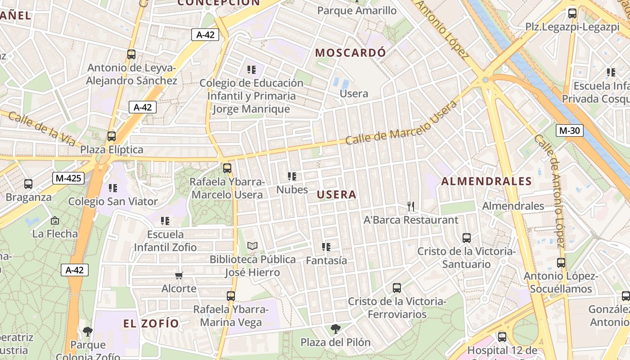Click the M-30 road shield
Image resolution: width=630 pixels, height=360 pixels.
(x=569, y=131)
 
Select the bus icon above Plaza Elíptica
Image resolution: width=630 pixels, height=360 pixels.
(x=111, y=136)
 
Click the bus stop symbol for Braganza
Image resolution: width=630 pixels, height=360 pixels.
(x=28, y=184)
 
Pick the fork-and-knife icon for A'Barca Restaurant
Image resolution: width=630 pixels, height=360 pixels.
(x=410, y=207)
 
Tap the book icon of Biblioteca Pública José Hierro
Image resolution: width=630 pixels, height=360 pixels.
(x=252, y=246)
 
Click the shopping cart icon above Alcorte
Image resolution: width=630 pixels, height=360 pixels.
(x=179, y=275)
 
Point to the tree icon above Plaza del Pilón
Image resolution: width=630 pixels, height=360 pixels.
(x=335, y=329)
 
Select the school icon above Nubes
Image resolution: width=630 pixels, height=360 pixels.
(x=292, y=176)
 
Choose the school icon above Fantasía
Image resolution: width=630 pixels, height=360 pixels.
(x=326, y=247)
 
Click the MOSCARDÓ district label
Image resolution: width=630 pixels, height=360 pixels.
(x=351, y=53)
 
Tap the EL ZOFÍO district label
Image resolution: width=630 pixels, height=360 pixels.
(x=151, y=324)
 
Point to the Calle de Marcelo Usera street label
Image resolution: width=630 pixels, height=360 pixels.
(x=401, y=122)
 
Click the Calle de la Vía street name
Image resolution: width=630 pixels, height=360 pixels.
(x=42, y=129)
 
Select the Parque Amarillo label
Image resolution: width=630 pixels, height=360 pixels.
(x=357, y=10)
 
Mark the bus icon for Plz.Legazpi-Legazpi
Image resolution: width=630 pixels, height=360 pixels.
(x=572, y=13)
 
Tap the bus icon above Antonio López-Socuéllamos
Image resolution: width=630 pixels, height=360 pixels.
(x=561, y=263)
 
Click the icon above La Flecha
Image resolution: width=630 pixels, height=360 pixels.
(x=55, y=220)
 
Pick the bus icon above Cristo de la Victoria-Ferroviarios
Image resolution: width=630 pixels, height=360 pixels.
(x=396, y=288)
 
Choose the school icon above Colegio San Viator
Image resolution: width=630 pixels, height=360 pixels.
(x=112, y=188)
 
